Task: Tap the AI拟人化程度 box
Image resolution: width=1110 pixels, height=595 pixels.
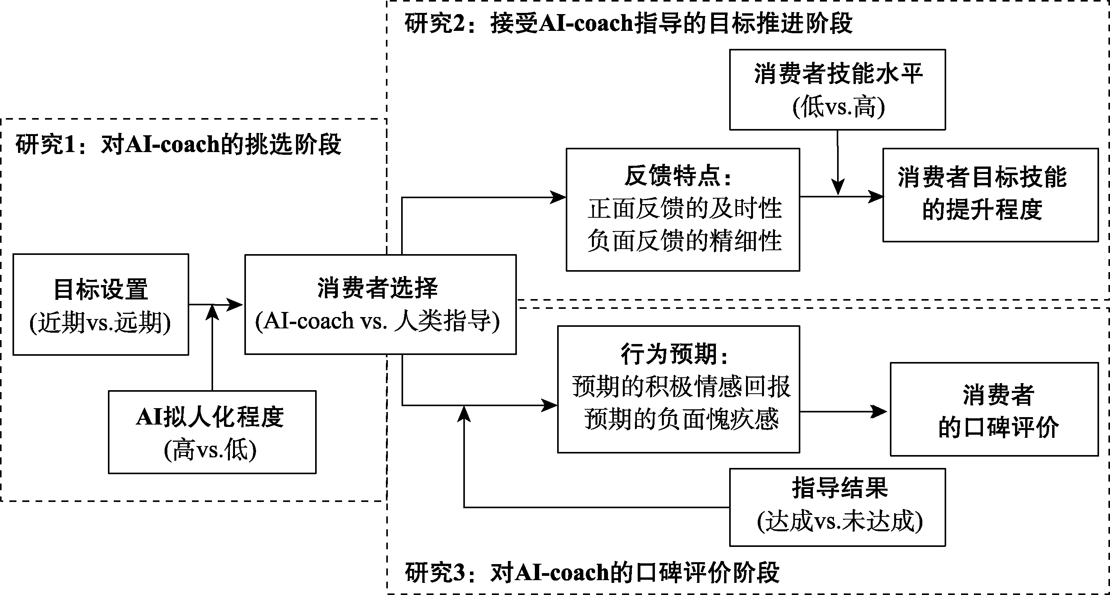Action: (212, 432)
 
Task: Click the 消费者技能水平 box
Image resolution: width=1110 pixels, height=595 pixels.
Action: (837, 90)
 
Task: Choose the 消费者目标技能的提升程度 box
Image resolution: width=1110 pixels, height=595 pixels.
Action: (990, 195)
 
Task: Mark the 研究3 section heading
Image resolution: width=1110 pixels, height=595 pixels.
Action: (592, 573)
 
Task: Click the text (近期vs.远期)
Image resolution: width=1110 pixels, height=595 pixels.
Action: (100, 322)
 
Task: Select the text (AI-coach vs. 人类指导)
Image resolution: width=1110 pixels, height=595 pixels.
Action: (377, 321)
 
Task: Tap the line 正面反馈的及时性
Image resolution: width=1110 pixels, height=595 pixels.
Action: (684, 208)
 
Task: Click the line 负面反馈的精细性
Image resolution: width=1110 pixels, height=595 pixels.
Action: (684, 240)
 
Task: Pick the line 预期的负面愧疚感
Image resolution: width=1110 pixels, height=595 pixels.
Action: (681, 419)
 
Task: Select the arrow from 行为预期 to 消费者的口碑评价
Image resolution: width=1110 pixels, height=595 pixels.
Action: (843, 412)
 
